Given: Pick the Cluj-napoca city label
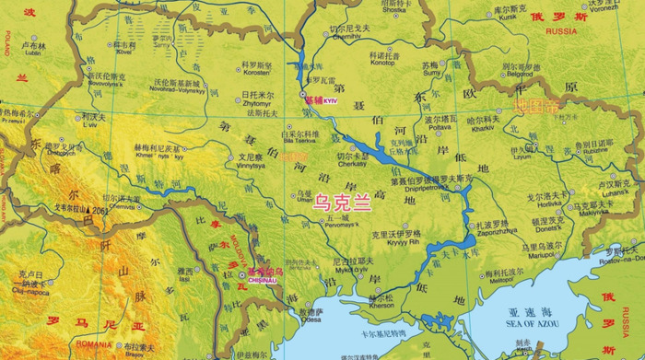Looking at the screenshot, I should [x=34, y=282].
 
